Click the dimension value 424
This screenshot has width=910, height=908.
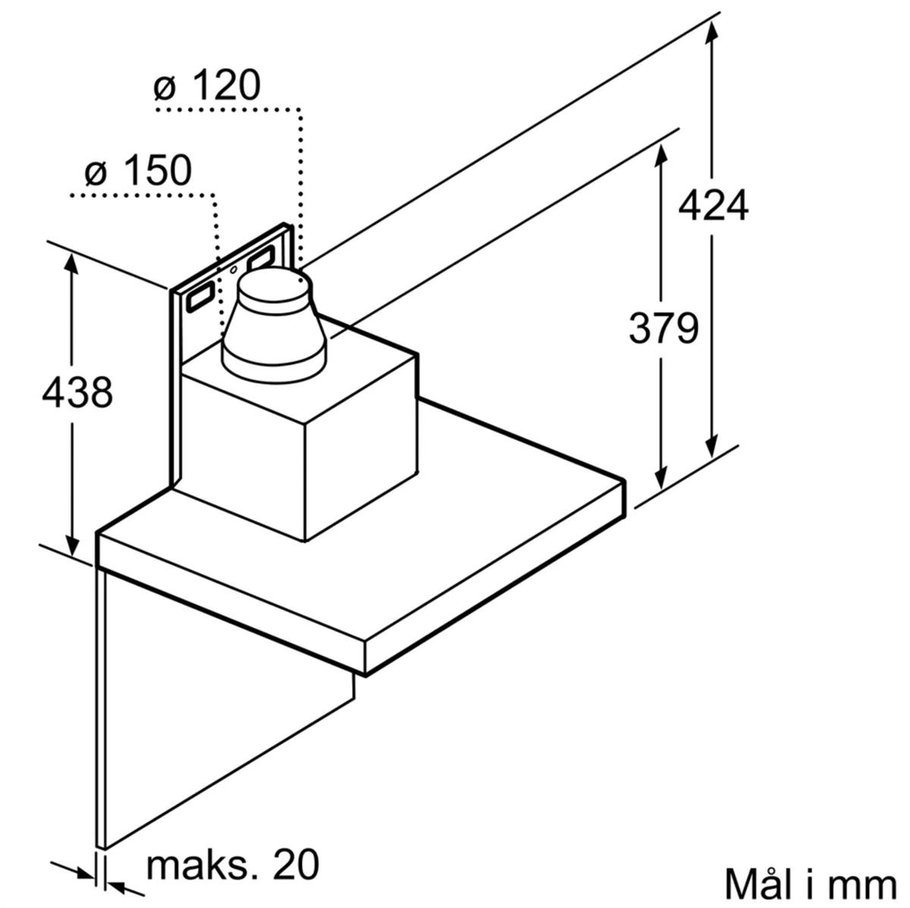(x=713, y=205)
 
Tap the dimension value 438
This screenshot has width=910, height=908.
(x=77, y=393)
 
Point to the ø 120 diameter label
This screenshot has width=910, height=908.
(x=207, y=85)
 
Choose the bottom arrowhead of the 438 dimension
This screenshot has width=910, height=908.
(x=72, y=542)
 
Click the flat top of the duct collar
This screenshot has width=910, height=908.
(x=275, y=285)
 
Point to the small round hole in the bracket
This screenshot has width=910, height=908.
(x=234, y=271)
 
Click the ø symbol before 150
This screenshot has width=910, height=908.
(x=95, y=175)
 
